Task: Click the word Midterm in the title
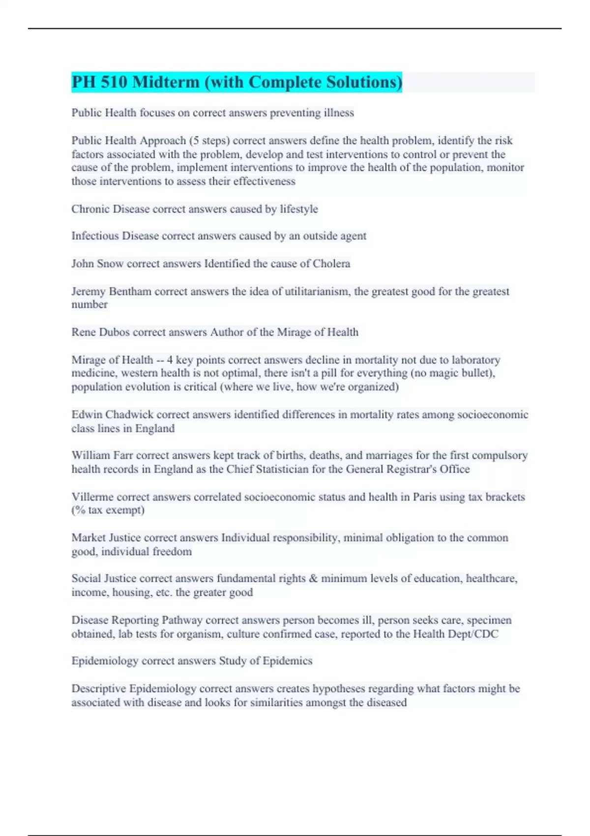pos(166,82)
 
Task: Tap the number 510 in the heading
pos(114,82)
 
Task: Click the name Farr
pos(122,455)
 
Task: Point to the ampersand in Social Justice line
pos(313,579)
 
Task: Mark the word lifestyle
pos(299,209)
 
